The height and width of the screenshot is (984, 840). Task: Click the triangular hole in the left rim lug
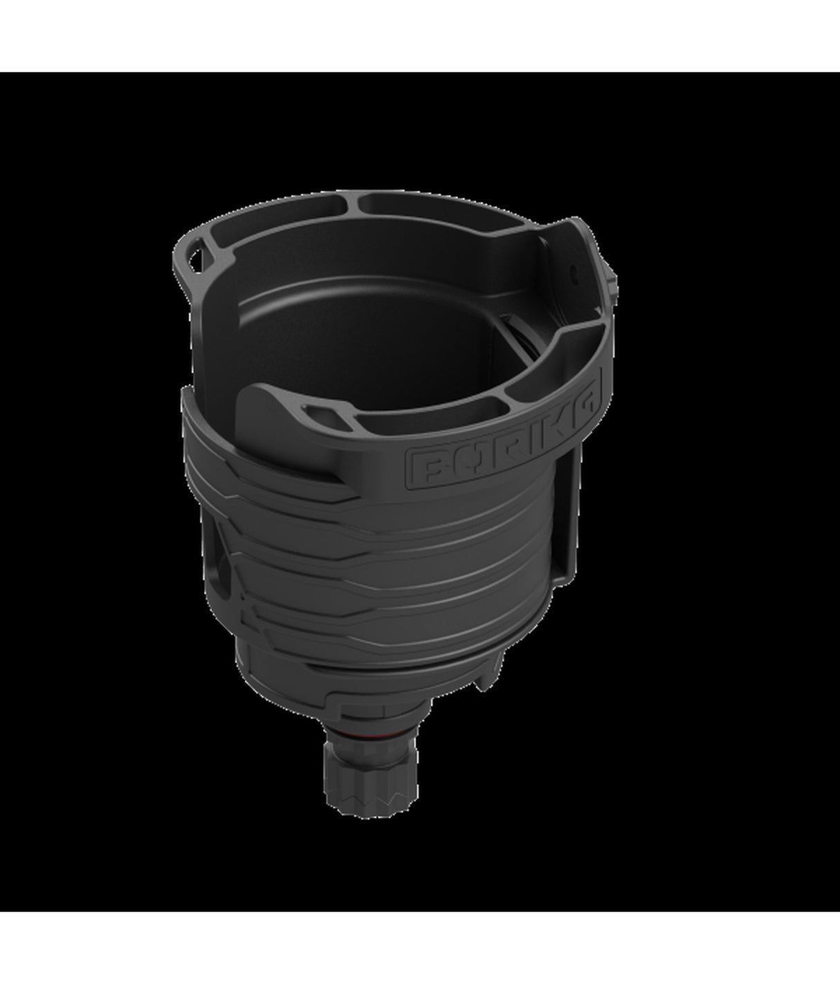(x=197, y=250)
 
